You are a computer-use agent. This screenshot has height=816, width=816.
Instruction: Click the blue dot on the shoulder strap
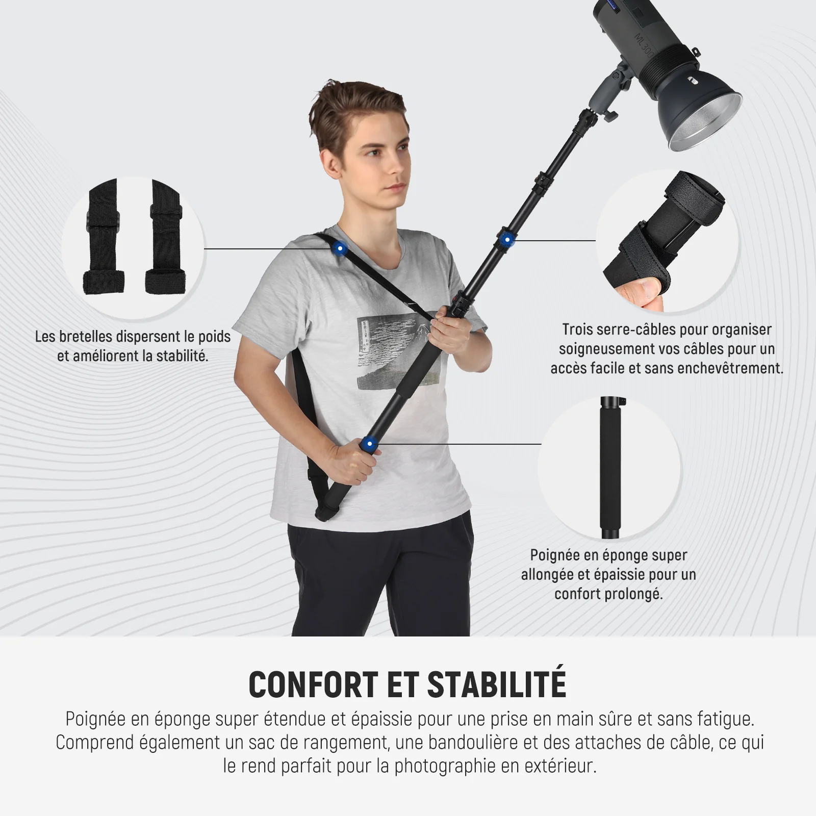click(x=339, y=249)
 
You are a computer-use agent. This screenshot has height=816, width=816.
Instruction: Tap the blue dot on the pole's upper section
click(x=506, y=239)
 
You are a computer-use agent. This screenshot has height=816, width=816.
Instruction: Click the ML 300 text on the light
click(x=644, y=45)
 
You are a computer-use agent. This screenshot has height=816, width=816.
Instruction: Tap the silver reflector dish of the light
click(x=706, y=122)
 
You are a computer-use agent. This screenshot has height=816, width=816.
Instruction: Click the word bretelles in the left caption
click(x=87, y=337)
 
